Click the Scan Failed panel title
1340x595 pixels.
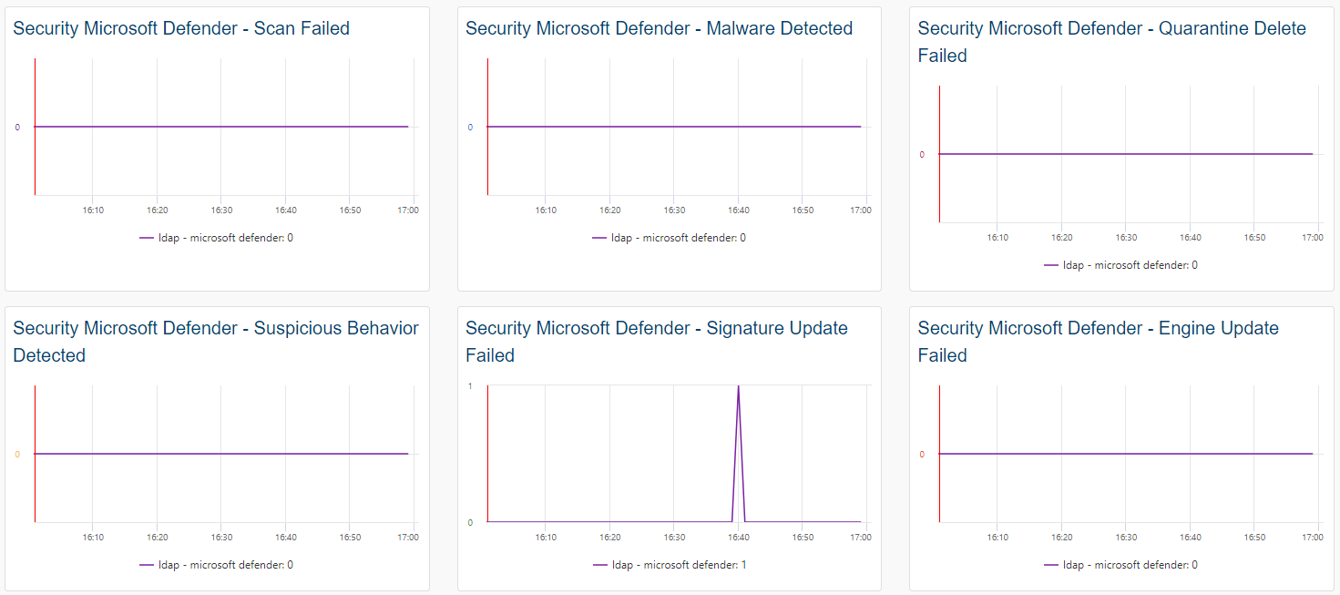click(x=181, y=28)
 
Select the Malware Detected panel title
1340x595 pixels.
click(x=659, y=28)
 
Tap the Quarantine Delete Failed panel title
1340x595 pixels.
click(x=1111, y=42)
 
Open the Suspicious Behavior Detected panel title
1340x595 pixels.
click(x=216, y=341)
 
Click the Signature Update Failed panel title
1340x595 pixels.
click(x=656, y=341)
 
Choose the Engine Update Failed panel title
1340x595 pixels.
click(x=1098, y=341)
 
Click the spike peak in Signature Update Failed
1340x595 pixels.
click(x=738, y=386)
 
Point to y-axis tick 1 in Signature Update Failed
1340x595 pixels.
click(x=470, y=386)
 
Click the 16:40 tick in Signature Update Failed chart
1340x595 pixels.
click(x=739, y=538)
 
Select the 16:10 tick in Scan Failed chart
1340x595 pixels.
click(x=93, y=210)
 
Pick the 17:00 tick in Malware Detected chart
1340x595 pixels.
click(x=861, y=210)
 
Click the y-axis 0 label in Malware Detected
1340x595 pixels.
click(x=470, y=128)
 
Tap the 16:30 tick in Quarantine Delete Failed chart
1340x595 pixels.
click(x=1126, y=238)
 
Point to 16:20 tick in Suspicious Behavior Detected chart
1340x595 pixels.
click(x=158, y=538)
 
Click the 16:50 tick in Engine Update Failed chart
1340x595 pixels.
click(x=1254, y=538)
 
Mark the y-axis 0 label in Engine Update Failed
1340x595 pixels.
click(x=922, y=455)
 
